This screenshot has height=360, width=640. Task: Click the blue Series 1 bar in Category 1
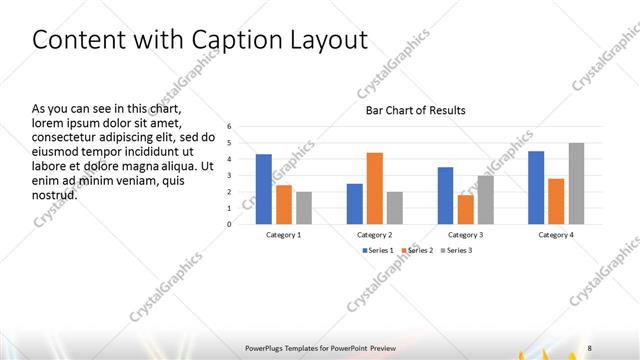coord(264,189)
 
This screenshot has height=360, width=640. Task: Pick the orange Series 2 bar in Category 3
coord(465,209)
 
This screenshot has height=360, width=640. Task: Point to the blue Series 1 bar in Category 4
coord(536,187)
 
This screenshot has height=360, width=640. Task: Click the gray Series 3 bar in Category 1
coord(304,208)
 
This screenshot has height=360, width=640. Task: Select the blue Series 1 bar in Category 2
coord(355,204)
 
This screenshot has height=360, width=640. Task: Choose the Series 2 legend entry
coord(418,250)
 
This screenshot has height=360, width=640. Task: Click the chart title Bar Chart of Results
coord(415,110)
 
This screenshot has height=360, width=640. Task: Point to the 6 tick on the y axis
coord(229,127)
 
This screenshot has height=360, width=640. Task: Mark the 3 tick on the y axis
coord(229,176)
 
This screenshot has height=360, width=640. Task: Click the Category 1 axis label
coord(284,234)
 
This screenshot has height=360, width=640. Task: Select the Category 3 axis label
coord(465,234)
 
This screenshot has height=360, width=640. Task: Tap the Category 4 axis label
coord(556,234)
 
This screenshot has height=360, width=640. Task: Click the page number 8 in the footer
coord(590,347)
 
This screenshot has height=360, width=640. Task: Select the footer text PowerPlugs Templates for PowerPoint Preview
coord(320,347)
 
